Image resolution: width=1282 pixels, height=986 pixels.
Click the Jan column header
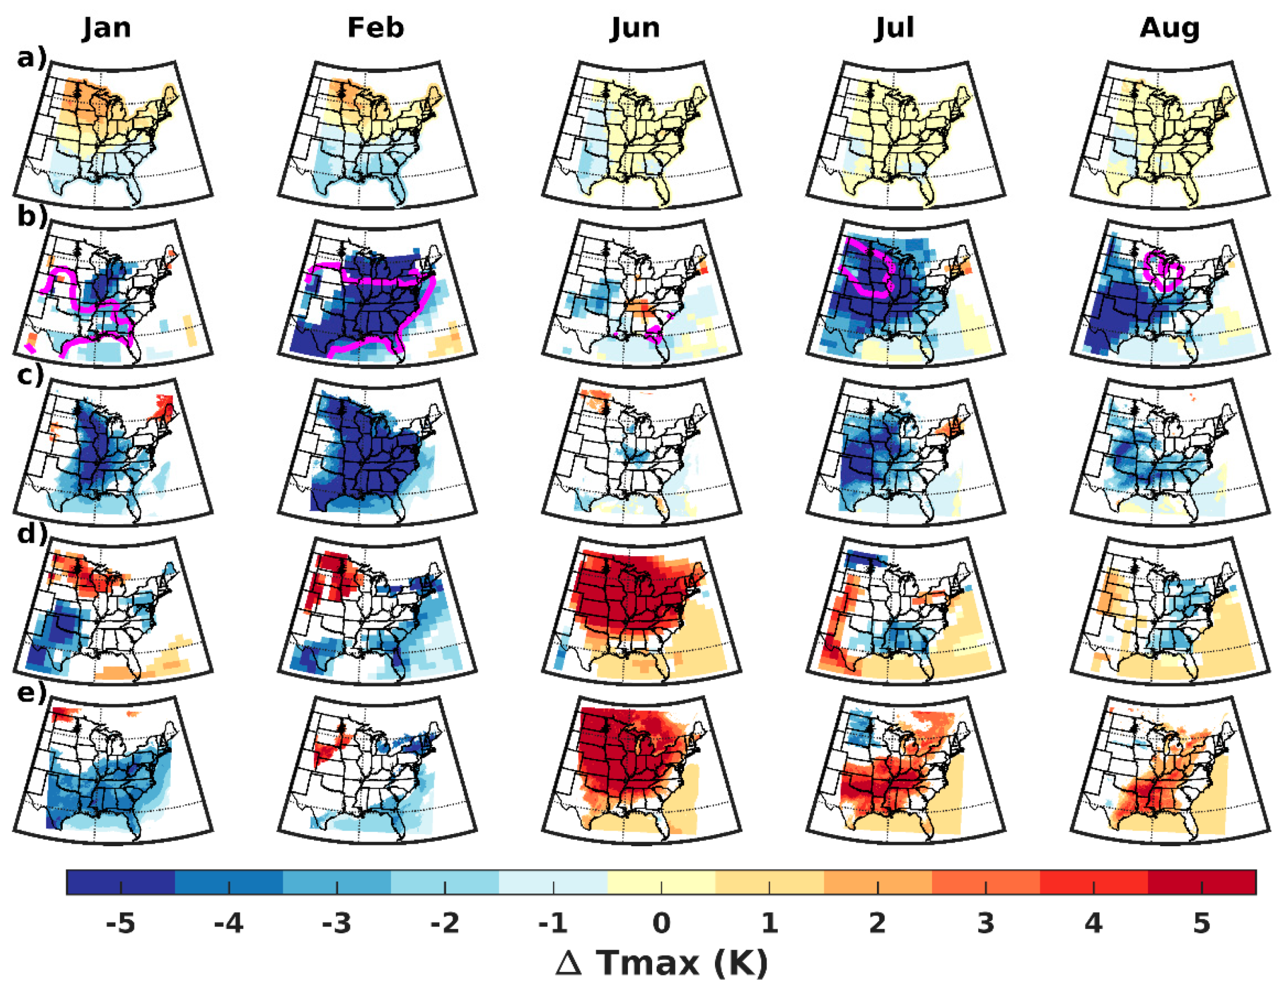click(106, 27)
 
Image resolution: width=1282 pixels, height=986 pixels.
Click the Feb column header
click(376, 27)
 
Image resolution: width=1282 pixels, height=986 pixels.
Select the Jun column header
click(635, 27)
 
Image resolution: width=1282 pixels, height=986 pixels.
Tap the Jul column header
click(895, 27)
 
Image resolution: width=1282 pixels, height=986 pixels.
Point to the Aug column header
click(1170, 27)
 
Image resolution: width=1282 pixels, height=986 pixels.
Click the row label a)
click(30, 58)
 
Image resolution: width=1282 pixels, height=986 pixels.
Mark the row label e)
click(31, 693)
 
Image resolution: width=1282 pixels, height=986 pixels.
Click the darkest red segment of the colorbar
click(1201, 882)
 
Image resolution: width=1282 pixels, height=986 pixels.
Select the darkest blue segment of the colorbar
click(121, 882)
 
